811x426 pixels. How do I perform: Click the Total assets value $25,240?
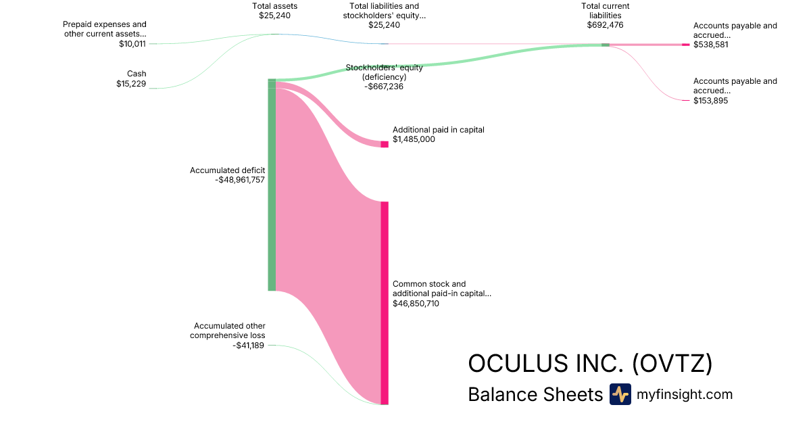[x=274, y=16]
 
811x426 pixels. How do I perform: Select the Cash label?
[x=137, y=74]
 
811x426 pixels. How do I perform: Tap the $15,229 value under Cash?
[x=131, y=84]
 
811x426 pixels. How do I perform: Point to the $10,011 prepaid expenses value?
[x=131, y=44]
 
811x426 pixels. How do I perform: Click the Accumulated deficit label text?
[x=227, y=170]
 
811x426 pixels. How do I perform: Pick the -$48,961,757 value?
[x=240, y=180]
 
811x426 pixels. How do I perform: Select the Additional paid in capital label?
[x=439, y=130]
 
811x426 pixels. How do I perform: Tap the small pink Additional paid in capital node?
[x=385, y=144]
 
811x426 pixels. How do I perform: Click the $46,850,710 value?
[x=416, y=304]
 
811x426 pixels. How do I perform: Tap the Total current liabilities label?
[x=605, y=10]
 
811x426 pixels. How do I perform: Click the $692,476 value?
[x=605, y=25]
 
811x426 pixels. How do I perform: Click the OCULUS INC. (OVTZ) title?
[x=590, y=364]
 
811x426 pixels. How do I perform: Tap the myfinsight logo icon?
[x=620, y=394]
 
